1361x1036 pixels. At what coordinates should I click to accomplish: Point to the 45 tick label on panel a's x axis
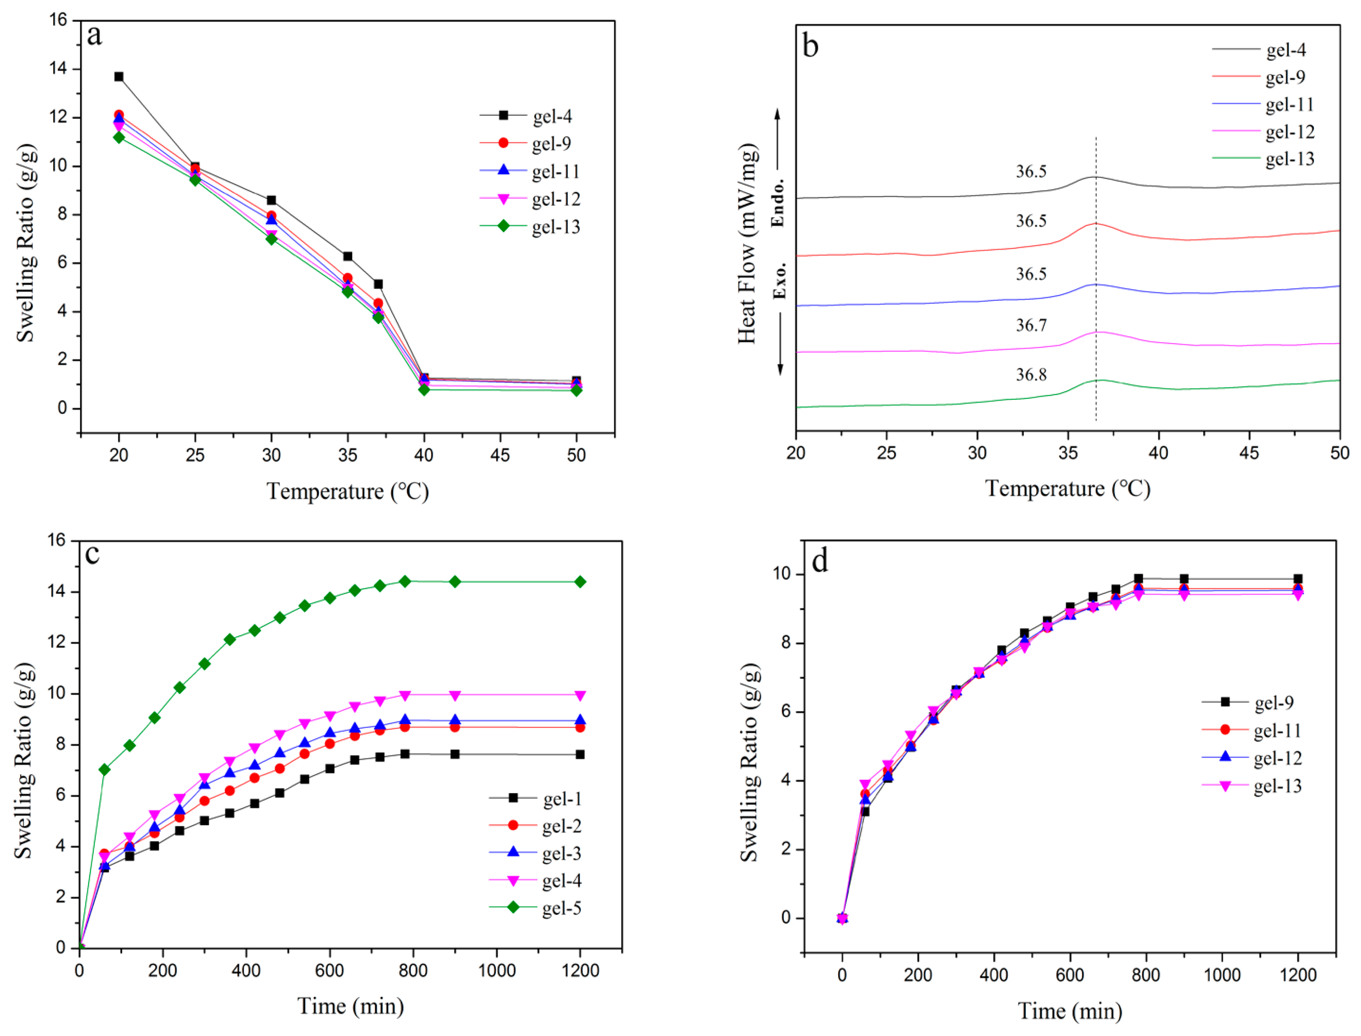[x=500, y=455]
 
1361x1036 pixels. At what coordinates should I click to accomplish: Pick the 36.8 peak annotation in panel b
[x=1031, y=374]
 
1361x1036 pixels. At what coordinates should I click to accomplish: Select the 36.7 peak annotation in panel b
[x=1031, y=325]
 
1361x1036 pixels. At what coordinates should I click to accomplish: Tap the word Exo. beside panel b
[x=779, y=281]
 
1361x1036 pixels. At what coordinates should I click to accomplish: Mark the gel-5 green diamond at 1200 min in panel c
[x=580, y=581]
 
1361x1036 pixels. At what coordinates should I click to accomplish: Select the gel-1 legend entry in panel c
[x=535, y=799]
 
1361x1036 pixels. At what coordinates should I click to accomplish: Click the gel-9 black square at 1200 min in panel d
[x=1298, y=579]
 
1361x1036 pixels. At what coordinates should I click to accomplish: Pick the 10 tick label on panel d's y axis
[x=782, y=574]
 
